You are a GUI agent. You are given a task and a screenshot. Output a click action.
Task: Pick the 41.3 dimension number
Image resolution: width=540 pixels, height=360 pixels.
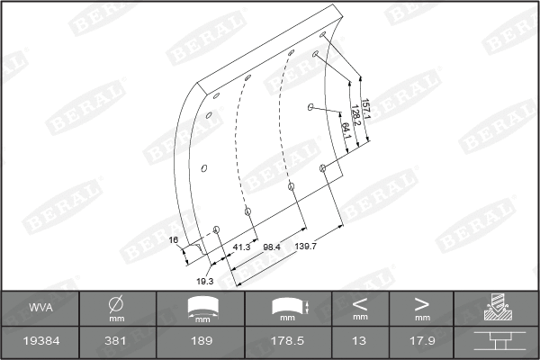pos(241,246)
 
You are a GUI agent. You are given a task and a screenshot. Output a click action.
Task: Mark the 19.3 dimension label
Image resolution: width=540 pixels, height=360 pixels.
pos(204,281)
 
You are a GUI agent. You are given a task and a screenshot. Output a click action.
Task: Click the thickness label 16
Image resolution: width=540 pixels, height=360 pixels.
pos(174,239)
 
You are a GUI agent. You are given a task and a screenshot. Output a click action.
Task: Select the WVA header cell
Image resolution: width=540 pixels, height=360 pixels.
pos(40,308)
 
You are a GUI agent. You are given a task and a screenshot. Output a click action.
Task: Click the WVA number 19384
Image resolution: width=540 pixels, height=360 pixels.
pos(40,342)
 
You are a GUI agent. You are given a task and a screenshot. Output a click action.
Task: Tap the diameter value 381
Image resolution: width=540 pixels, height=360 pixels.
pos(117,342)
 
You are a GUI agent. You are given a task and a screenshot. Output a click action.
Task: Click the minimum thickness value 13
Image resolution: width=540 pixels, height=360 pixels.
pos(360,342)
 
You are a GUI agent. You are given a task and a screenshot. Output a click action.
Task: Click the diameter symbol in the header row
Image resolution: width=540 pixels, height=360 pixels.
pos(117,304)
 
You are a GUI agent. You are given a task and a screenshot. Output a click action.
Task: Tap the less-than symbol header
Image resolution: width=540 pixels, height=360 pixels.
pos(360,303)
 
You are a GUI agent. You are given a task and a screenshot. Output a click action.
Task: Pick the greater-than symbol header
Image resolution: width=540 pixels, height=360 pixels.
pos(421,303)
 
